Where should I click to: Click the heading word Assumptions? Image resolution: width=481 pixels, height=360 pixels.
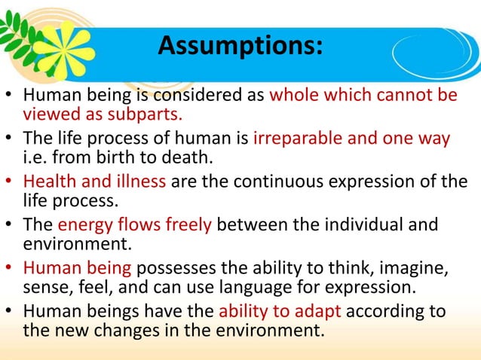[x=240, y=47]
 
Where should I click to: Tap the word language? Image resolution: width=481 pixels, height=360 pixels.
[x=234, y=286]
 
